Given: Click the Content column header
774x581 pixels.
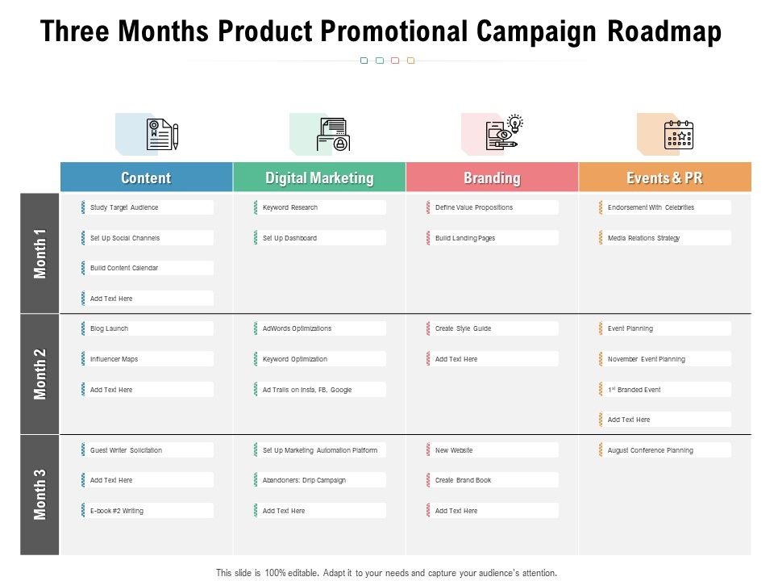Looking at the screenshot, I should point(146,178).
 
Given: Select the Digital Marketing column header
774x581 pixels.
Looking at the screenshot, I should point(319,178).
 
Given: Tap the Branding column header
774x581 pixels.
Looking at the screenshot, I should point(492,178).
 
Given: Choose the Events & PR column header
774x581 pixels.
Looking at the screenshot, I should point(664,178).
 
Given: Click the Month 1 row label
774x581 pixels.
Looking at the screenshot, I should point(40,253).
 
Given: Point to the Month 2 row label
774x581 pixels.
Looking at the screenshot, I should point(40,374).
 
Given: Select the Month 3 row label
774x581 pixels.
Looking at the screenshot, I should point(40,495).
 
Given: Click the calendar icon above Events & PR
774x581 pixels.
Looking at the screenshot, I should point(678,135).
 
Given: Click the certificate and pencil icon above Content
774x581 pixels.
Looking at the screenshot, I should point(161,135).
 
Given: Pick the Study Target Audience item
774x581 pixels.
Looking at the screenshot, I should point(124,207).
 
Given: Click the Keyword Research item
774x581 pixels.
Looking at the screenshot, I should point(290,207).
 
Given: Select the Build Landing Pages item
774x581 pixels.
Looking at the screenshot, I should point(465,238).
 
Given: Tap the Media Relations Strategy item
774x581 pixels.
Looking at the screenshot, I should point(643,238).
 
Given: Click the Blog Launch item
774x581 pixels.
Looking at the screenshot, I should point(110,328).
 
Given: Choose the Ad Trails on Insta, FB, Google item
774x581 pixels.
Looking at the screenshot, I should point(307,390).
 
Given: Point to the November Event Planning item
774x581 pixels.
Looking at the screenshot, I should point(647,359).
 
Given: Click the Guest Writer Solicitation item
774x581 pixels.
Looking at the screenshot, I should point(126,450).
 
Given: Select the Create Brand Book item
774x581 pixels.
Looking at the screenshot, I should point(463,480).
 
